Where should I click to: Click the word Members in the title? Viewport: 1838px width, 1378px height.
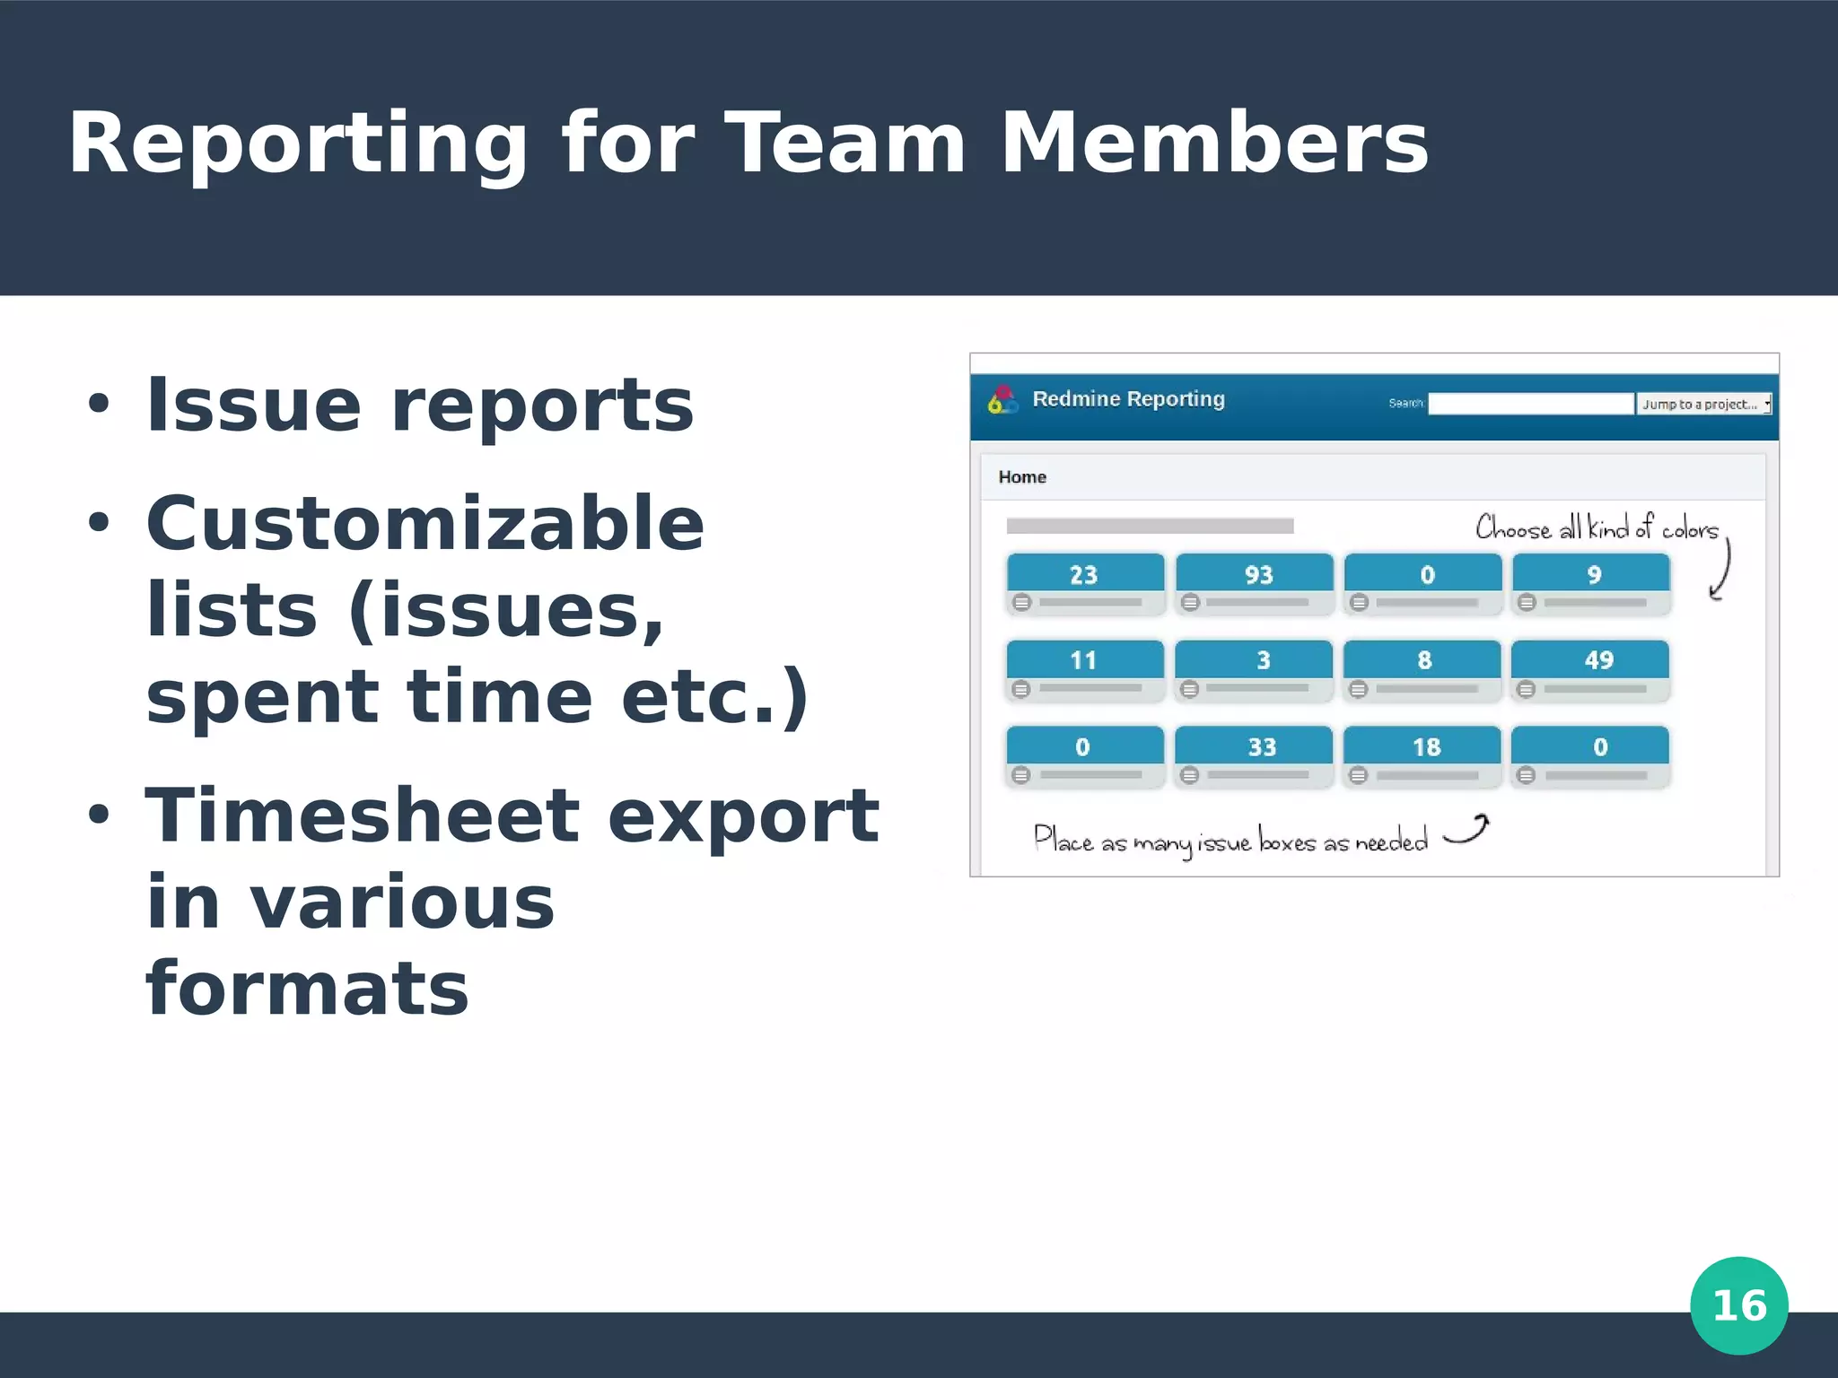(1213, 144)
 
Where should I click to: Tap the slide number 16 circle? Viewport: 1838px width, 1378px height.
(1738, 1305)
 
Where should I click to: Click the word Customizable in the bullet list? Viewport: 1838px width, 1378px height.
(424, 524)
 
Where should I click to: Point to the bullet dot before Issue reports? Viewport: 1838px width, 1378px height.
(99, 405)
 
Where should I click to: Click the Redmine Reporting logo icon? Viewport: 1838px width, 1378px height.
(1002, 400)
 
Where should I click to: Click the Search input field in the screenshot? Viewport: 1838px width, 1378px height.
(1531, 404)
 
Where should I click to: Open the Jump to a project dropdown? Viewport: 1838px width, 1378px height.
(1702, 404)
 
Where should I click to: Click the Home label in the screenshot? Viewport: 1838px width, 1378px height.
(1022, 477)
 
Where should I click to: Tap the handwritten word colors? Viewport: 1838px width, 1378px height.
(1689, 530)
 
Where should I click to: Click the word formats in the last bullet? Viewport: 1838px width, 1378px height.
(307, 989)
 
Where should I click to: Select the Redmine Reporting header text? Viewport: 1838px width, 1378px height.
(1128, 399)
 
